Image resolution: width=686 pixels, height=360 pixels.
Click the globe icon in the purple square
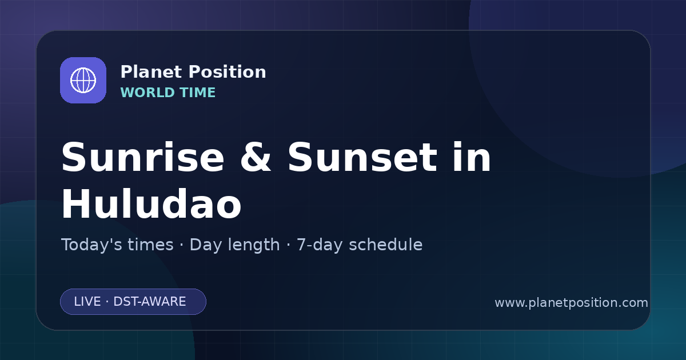[x=83, y=80]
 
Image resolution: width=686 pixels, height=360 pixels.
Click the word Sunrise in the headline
[x=143, y=157]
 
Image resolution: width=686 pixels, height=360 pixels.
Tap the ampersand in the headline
[x=256, y=157]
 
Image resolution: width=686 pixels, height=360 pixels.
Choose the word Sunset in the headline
[x=362, y=157]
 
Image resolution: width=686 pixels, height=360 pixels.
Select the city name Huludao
[x=151, y=204]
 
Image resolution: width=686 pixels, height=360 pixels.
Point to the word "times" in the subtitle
[x=150, y=245]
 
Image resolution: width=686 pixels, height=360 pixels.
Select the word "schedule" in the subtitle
[x=386, y=245]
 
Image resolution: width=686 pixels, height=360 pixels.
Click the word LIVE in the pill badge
[x=87, y=302]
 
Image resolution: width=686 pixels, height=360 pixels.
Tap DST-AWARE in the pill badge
[x=150, y=302]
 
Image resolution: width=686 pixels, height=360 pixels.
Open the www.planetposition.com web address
[x=572, y=303]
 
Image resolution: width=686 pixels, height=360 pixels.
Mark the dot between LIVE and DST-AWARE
[x=107, y=302]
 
